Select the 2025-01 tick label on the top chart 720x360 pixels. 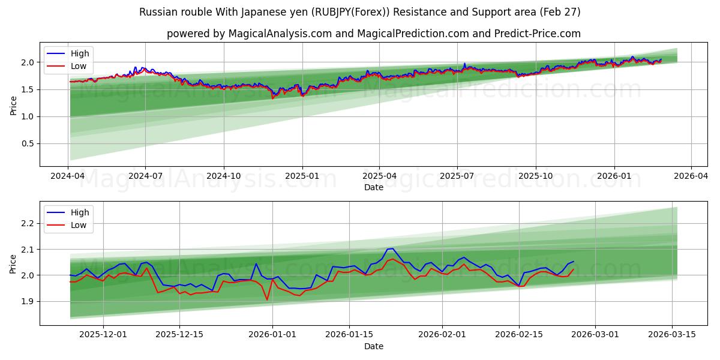click(x=302, y=176)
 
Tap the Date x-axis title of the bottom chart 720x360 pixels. click(x=373, y=346)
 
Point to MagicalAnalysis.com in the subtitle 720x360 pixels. click(x=280, y=34)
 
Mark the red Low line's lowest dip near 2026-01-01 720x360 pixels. click(x=267, y=299)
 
